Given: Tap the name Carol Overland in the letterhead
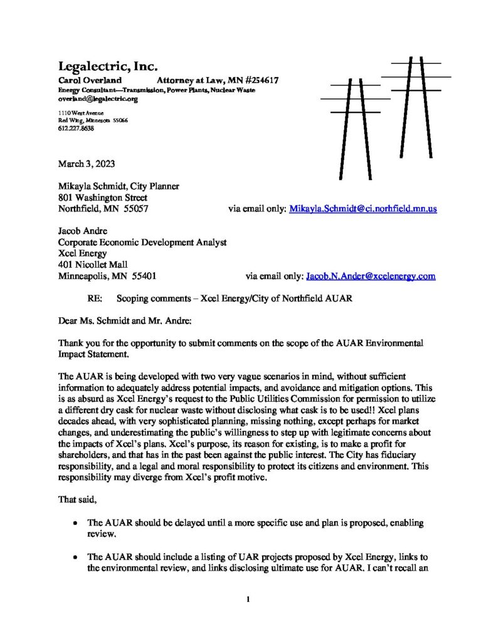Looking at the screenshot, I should [x=85, y=80].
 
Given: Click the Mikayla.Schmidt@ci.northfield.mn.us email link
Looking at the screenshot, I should [x=362, y=208].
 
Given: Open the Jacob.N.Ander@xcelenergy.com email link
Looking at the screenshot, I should [x=370, y=275].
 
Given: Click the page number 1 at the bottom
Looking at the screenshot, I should [x=248, y=600].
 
